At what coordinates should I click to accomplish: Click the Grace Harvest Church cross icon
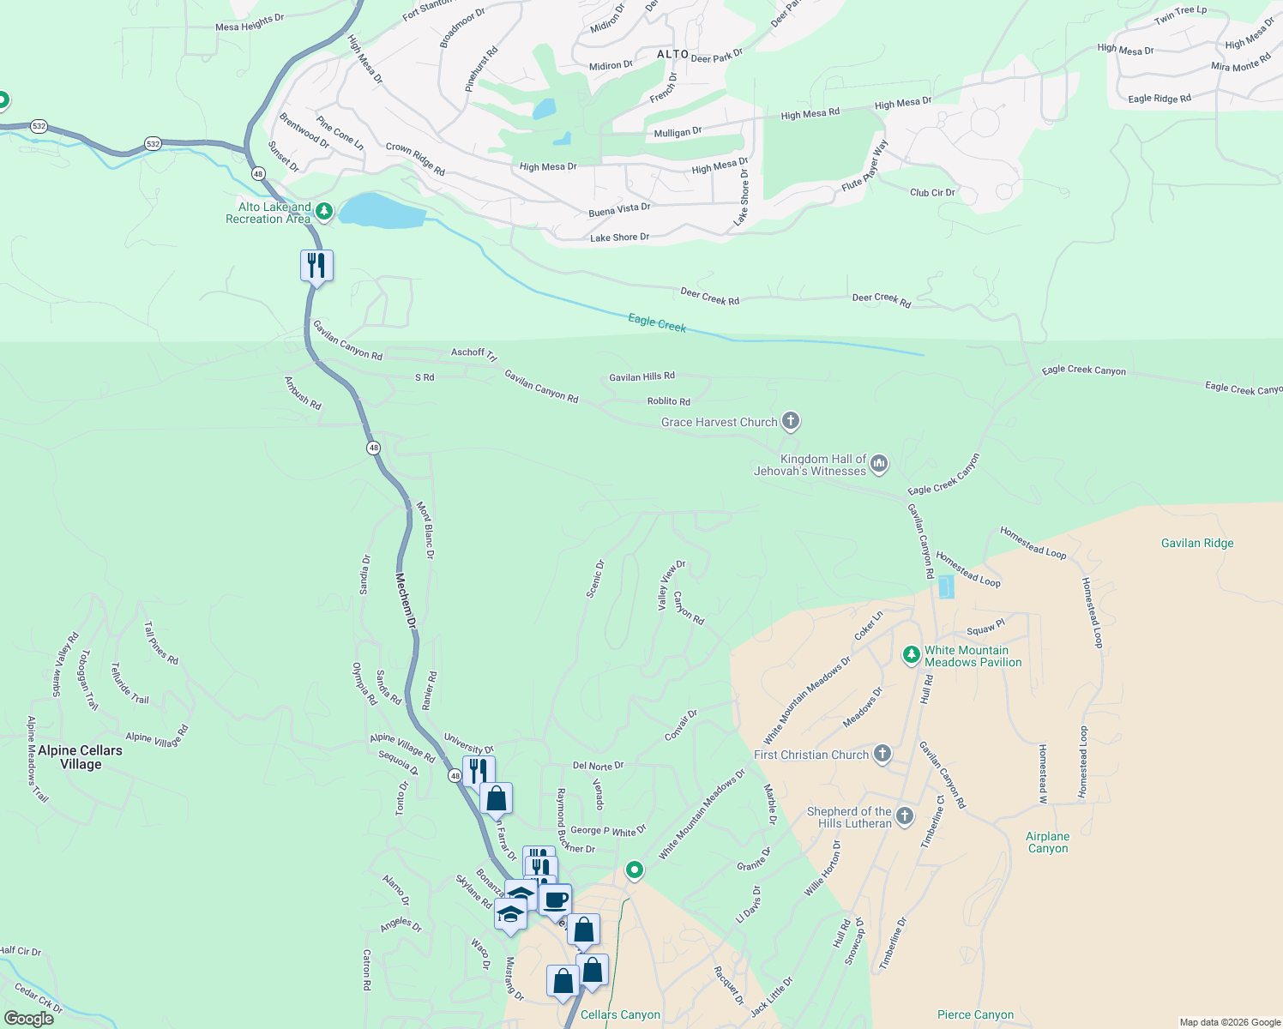(791, 421)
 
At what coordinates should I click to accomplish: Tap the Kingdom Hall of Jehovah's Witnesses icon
(878, 465)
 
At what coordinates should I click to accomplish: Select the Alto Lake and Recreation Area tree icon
(323, 211)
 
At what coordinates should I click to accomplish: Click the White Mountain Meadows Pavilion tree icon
(912, 656)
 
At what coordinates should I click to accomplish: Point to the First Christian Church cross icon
(882, 755)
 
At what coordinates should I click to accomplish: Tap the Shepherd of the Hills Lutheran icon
(905, 816)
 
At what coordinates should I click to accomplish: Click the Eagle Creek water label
(657, 322)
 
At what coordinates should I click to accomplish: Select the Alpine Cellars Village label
(81, 757)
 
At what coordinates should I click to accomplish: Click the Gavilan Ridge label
(1197, 543)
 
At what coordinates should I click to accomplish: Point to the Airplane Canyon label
(1048, 842)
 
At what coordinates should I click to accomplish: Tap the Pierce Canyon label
(976, 1014)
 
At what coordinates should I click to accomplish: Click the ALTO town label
(672, 54)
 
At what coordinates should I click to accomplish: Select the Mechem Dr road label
(406, 600)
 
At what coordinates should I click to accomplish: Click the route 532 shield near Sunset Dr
(153, 143)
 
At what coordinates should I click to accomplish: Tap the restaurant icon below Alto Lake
(316, 266)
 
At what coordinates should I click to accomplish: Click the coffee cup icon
(555, 900)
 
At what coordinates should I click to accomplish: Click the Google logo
(28, 1018)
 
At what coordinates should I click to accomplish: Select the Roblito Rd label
(668, 401)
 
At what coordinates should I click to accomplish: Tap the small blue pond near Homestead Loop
(946, 587)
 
